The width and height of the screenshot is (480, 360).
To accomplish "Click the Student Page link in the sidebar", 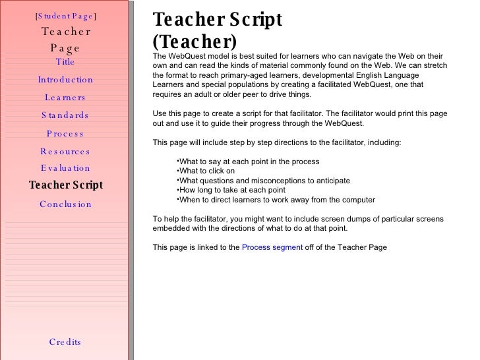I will (65, 16).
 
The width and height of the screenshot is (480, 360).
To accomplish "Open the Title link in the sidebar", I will (65, 63).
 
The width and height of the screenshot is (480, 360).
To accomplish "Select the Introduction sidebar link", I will (65, 80).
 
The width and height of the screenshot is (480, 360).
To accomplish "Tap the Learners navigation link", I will (65, 98).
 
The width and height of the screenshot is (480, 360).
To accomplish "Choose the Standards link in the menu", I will (65, 115).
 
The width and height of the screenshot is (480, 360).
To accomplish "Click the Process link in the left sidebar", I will (65, 134).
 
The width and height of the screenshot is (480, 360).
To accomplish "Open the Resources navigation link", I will (65, 152).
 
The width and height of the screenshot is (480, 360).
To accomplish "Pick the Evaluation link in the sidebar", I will (65, 169).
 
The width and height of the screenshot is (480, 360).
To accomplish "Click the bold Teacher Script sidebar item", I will (66, 185).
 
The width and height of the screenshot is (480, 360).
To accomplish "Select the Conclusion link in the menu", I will (65, 204).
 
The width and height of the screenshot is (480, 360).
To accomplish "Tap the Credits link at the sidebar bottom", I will (65, 342).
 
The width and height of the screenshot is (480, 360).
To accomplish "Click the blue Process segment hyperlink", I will (272, 248).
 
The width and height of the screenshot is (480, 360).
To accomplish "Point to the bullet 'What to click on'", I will (207, 171).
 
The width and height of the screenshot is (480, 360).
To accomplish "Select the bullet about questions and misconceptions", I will (264, 181).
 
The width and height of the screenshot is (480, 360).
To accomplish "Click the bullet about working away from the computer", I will (277, 200).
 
